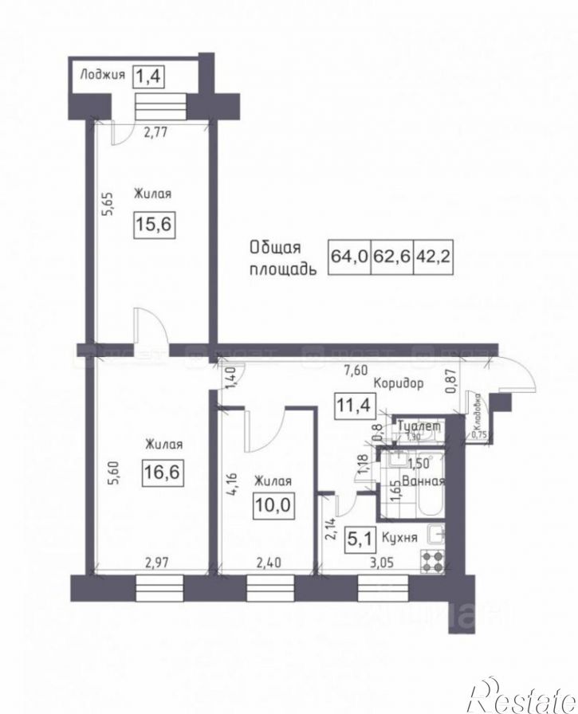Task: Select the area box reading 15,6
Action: [x=154, y=226]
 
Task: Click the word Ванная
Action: [x=425, y=481]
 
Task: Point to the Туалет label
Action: [x=419, y=426]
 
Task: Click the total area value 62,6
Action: [x=391, y=257]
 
